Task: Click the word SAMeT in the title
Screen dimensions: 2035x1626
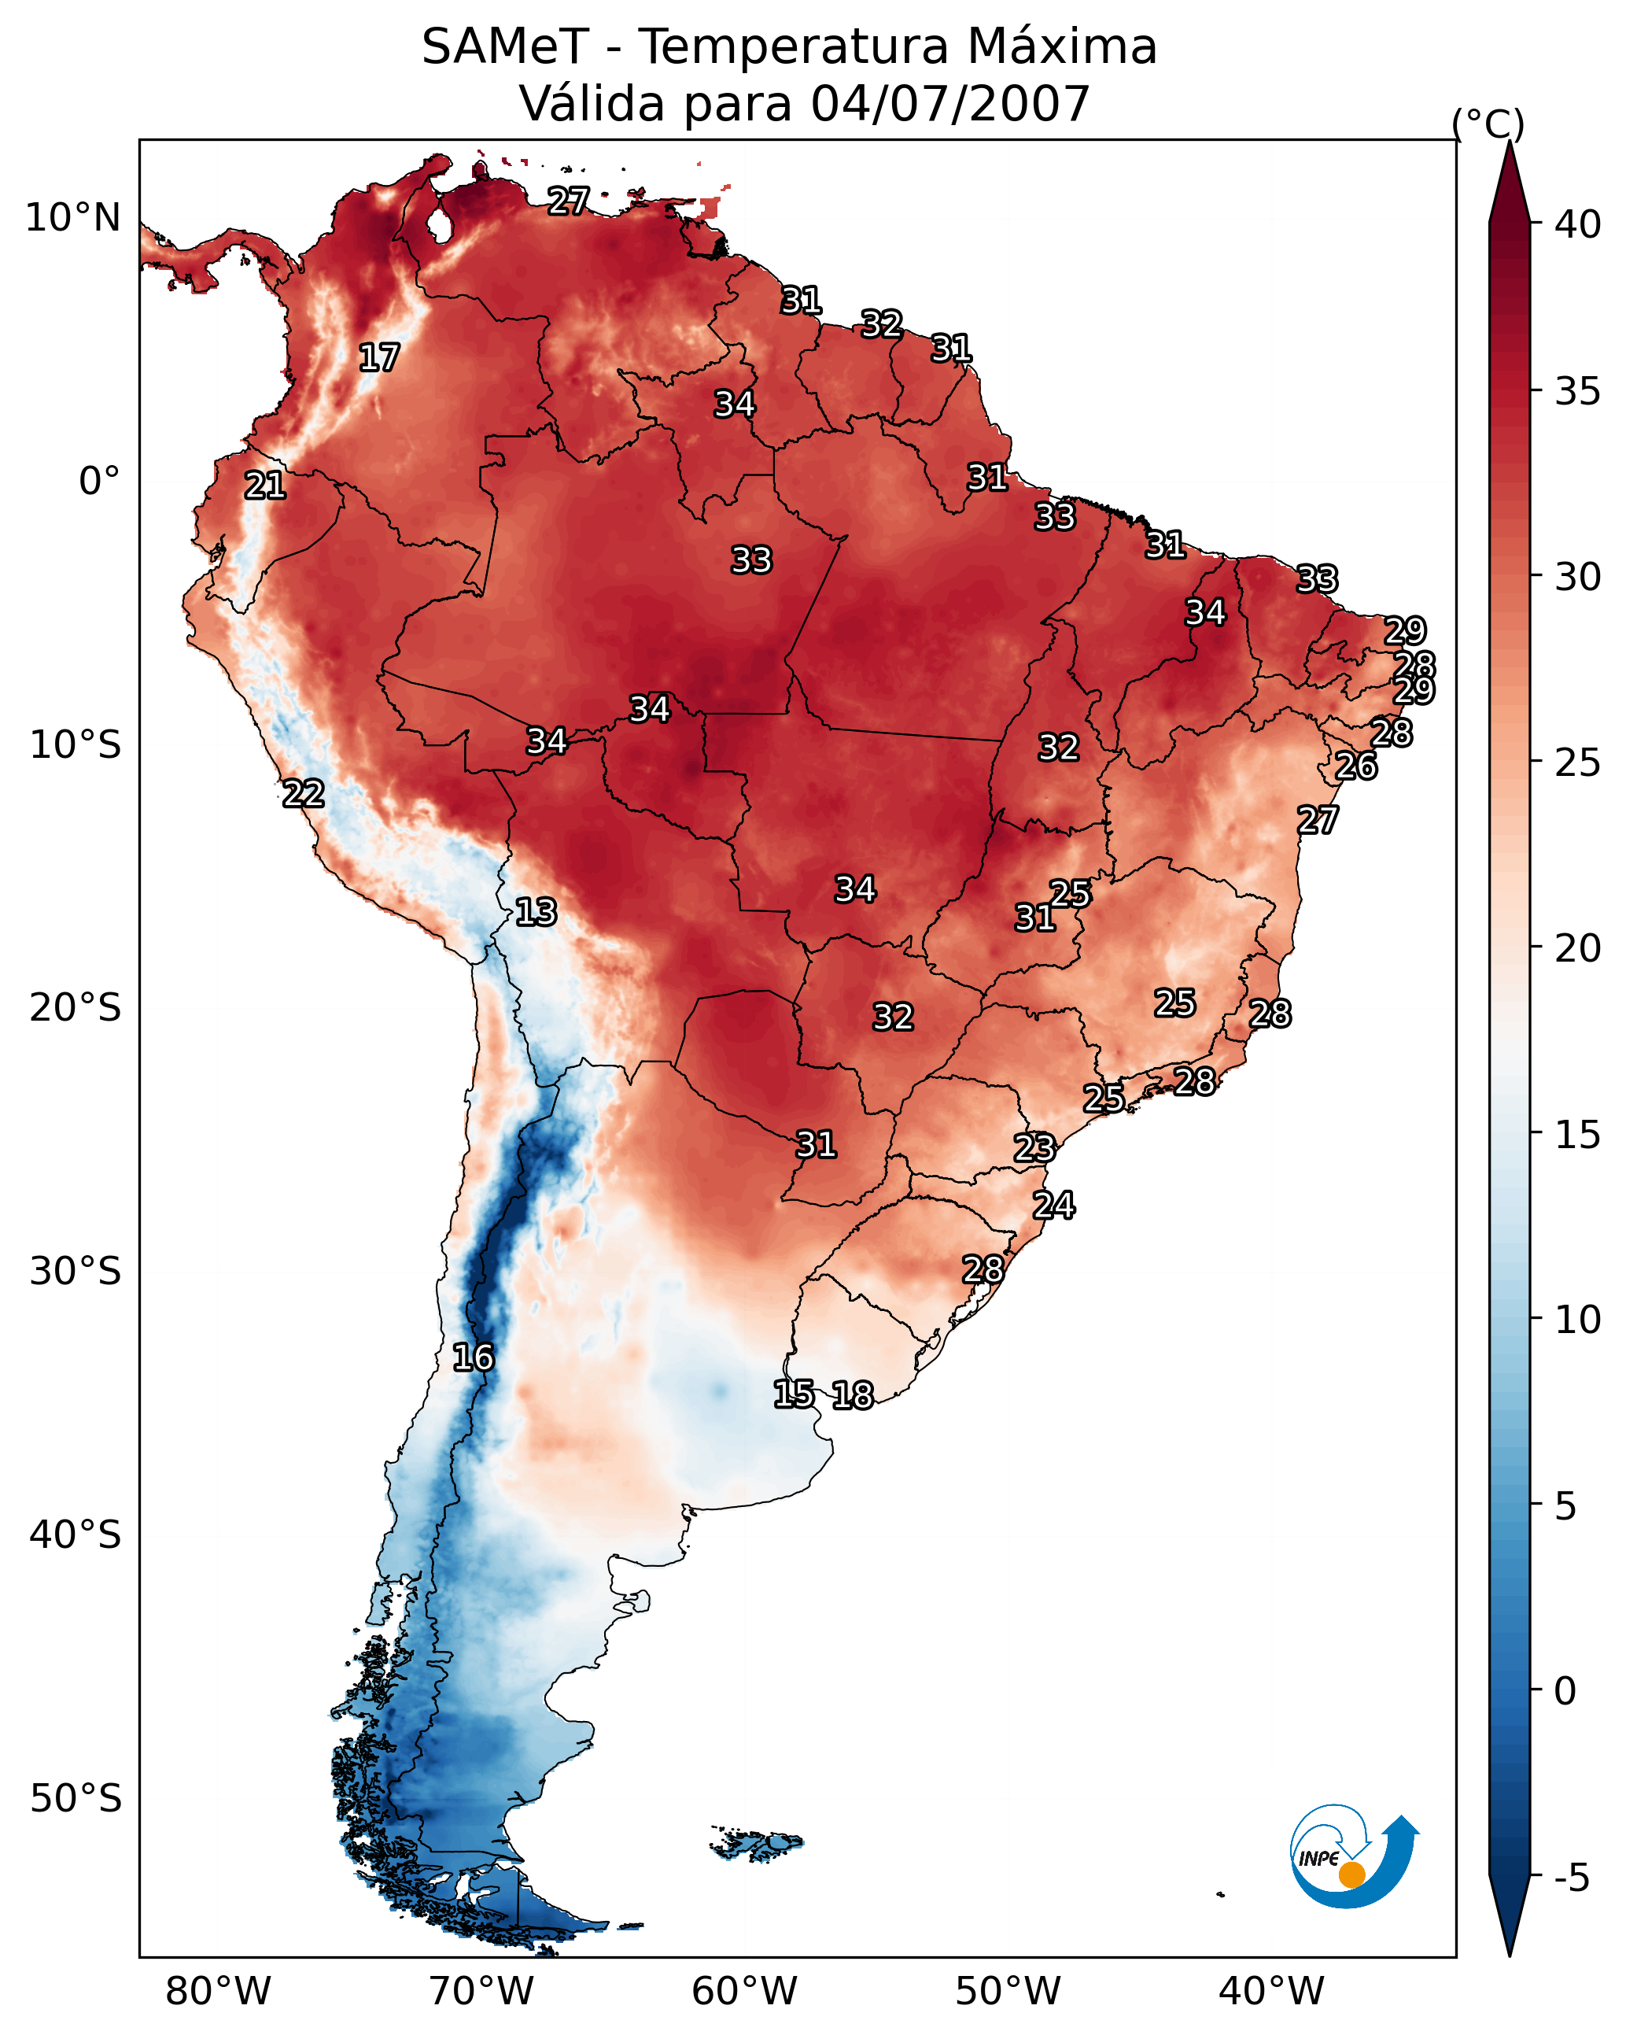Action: pyautogui.click(x=504, y=47)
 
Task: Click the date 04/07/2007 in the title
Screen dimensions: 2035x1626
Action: pyautogui.click(x=949, y=104)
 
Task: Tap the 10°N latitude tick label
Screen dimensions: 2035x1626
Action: pyautogui.click(x=72, y=218)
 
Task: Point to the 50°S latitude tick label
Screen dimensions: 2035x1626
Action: pyautogui.click(x=76, y=1799)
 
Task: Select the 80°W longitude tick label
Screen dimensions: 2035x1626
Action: pyautogui.click(x=218, y=1992)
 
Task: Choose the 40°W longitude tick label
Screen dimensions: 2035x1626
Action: pyautogui.click(x=1271, y=1992)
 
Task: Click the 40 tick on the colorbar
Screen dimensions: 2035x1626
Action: pyautogui.click(x=1578, y=224)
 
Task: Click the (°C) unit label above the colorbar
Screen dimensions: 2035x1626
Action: pyautogui.click(x=1488, y=124)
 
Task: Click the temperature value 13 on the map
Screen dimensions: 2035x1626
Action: pyautogui.click(x=536, y=913)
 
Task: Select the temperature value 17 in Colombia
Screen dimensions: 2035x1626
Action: pyautogui.click(x=379, y=358)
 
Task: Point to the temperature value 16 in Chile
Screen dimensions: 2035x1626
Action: pyautogui.click(x=473, y=1358)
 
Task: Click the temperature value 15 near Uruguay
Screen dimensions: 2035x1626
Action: pyautogui.click(x=794, y=1394)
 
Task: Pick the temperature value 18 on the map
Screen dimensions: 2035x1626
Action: pyautogui.click(x=853, y=1396)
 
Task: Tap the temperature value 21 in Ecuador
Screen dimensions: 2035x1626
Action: pyautogui.click(x=265, y=486)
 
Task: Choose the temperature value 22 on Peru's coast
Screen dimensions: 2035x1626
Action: pyautogui.click(x=304, y=794)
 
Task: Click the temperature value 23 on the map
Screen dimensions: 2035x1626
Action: pyautogui.click(x=1034, y=1149)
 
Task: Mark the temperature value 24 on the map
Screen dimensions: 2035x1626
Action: pyautogui.click(x=1054, y=1206)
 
